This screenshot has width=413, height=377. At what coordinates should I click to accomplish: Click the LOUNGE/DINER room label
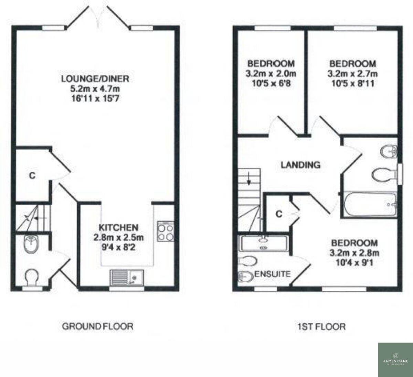(95, 78)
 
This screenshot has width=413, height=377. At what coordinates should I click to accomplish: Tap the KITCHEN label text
(118, 227)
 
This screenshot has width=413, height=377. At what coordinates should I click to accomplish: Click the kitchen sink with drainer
(127, 277)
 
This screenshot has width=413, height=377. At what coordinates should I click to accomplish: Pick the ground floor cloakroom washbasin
(32, 243)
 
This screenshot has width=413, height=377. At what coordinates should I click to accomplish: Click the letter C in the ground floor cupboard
(32, 176)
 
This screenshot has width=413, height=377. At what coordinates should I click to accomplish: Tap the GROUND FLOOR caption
(97, 326)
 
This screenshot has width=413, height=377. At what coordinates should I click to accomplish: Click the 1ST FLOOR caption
(321, 326)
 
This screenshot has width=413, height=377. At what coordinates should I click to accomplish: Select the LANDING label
(300, 165)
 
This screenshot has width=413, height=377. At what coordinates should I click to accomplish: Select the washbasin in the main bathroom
(389, 151)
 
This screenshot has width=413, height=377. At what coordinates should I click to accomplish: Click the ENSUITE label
(272, 274)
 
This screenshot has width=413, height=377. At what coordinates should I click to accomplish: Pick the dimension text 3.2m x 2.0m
(271, 73)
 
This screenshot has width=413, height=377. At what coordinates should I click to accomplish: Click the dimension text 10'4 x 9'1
(354, 263)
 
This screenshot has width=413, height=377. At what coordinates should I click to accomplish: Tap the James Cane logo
(395, 359)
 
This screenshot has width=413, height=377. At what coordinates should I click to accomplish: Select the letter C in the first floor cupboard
(279, 214)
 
